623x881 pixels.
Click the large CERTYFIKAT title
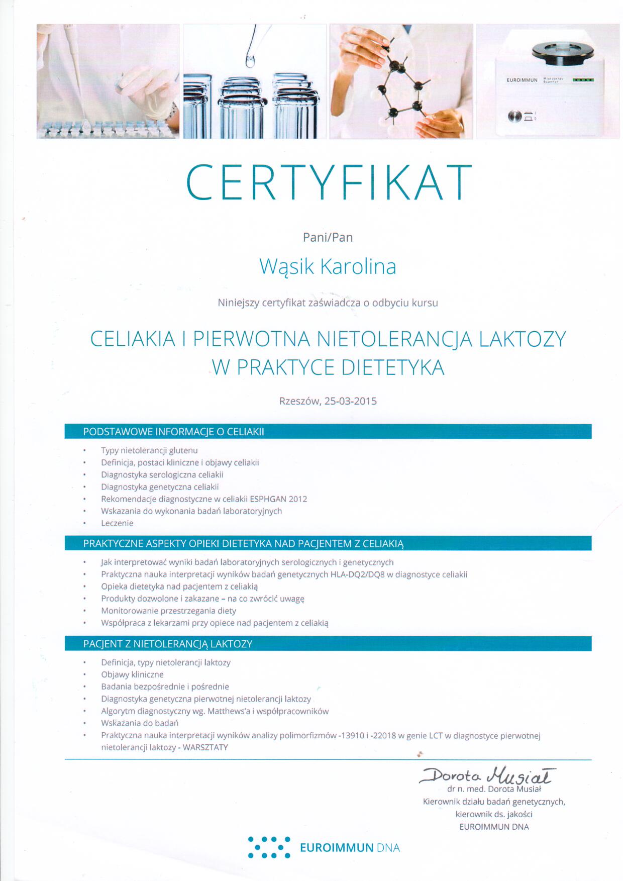pyautogui.click(x=329, y=181)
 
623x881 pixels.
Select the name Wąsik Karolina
pyautogui.click(x=328, y=267)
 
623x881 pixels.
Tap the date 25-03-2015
pyautogui.click(x=351, y=402)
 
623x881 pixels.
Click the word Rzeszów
pyautogui.click(x=299, y=402)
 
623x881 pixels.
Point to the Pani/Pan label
pyautogui.click(x=328, y=237)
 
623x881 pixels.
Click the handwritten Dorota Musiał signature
pyautogui.click(x=485, y=776)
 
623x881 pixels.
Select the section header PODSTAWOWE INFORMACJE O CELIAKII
pyautogui.click(x=173, y=432)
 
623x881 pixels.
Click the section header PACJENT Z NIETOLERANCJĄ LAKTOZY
pyautogui.click(x=167, y=644)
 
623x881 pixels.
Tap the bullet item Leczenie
pyautogui.click(x=117, y=523)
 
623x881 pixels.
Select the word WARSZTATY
pyautogui.click(x=205, y=747)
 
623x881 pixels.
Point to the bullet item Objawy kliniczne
pyautogui.click(x=132, y=674)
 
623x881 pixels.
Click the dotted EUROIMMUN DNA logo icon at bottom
pyautogui.click(x=269, y=847)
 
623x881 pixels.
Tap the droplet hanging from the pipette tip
pyautogui.click(x=250, y=61)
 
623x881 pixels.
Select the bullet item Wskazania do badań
pyautogui.click(x=140, y=723)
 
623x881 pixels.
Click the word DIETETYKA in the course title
pyautogui.click(x=393, y=367)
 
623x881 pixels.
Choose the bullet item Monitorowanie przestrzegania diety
pyautogui.click(x=168, y=611)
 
